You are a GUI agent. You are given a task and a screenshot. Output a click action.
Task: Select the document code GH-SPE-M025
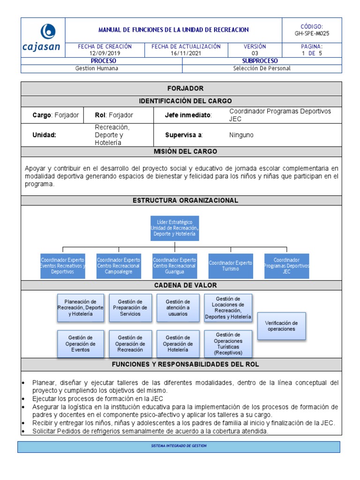tap(308, 34)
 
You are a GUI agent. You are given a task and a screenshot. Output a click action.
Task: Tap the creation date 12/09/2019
tap(105, 53)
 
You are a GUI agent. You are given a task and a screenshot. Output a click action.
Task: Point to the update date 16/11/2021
tap(186, 53)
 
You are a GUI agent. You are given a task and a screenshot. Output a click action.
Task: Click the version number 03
tap(255, 53)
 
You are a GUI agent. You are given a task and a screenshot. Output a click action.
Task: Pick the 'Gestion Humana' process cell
tap(97, 68)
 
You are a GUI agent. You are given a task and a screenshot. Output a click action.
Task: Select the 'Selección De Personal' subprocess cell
tap(262, 68)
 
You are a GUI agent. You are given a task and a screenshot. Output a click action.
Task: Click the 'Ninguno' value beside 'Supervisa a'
tap(241, 135)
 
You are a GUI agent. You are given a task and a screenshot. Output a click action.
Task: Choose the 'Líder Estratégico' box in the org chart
tap(174, 228)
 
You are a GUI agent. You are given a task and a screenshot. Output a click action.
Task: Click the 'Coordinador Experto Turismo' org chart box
tap(230, 266)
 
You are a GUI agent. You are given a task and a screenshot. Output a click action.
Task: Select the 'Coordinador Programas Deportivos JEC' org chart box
tap(286, 266)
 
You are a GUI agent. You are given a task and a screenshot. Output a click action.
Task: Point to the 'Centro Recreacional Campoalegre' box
tap(118, 266)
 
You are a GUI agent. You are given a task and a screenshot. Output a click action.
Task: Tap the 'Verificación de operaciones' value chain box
tap(281, 326)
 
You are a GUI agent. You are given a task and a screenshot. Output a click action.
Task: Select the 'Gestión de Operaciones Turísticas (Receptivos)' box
tap(228, 344)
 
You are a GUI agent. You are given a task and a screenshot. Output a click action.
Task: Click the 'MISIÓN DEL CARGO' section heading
tap(185, 151)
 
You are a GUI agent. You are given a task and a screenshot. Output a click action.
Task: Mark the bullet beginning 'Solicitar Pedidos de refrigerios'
tap(150, 431)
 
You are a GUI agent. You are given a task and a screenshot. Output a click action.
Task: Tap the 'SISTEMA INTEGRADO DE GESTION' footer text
tap(179, 446)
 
